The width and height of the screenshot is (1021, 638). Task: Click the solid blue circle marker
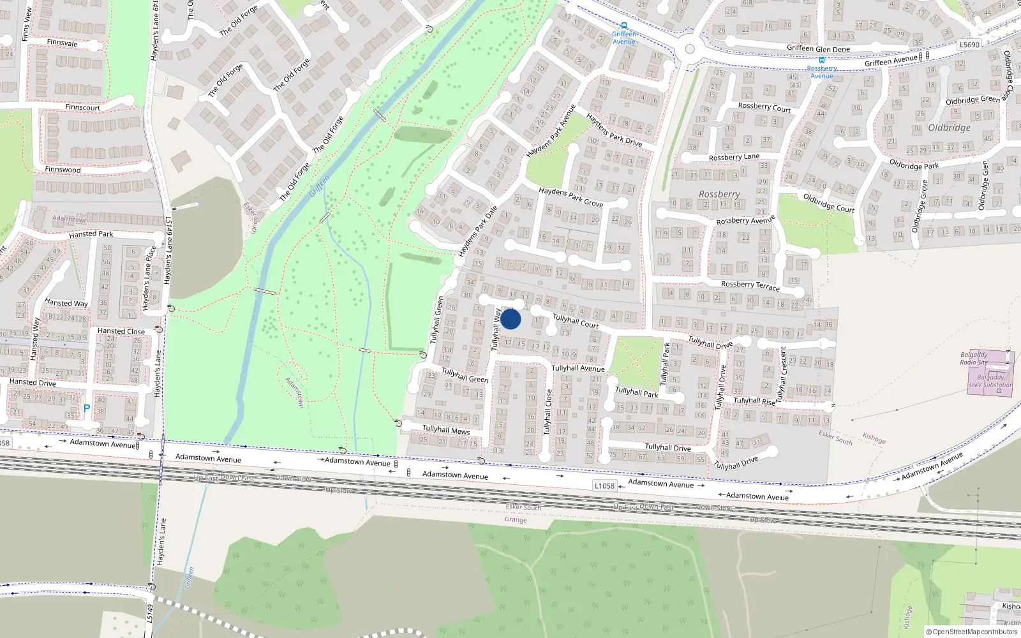[x=511, y=319]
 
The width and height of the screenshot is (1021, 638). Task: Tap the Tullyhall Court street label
[x=576, y=321]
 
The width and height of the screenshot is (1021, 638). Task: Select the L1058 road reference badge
[x=604, y=486]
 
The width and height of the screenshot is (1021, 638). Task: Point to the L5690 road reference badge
[x=969, y=45]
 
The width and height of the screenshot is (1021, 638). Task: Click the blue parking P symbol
[x=87, y=408]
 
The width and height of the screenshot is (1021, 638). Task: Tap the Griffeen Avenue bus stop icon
[x=624, y=26]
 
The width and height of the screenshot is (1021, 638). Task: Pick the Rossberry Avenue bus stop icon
[x=822, y=61]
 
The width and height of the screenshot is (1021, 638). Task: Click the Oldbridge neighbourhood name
[x=949, y=128]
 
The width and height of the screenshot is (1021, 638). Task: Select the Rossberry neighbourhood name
[x=719, y=194]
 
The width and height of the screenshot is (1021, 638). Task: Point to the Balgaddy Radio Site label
[x=974, y=359]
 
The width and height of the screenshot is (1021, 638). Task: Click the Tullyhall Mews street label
[x=446, y=430]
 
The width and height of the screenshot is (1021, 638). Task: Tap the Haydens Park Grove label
[x=570, y=197]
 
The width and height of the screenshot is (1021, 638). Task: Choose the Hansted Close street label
[x=121, y=331]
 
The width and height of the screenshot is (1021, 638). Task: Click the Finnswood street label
[x=63, y=170]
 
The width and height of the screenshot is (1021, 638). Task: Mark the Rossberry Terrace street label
[x=750, y=285]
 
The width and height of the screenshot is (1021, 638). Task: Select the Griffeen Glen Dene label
[x=818, y=48]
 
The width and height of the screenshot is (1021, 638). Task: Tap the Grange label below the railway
[x=516, y=519]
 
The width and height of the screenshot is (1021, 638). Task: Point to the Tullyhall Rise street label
[x=754, y=401]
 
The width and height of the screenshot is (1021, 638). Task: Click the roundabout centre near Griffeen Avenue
[x=689, y=49]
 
